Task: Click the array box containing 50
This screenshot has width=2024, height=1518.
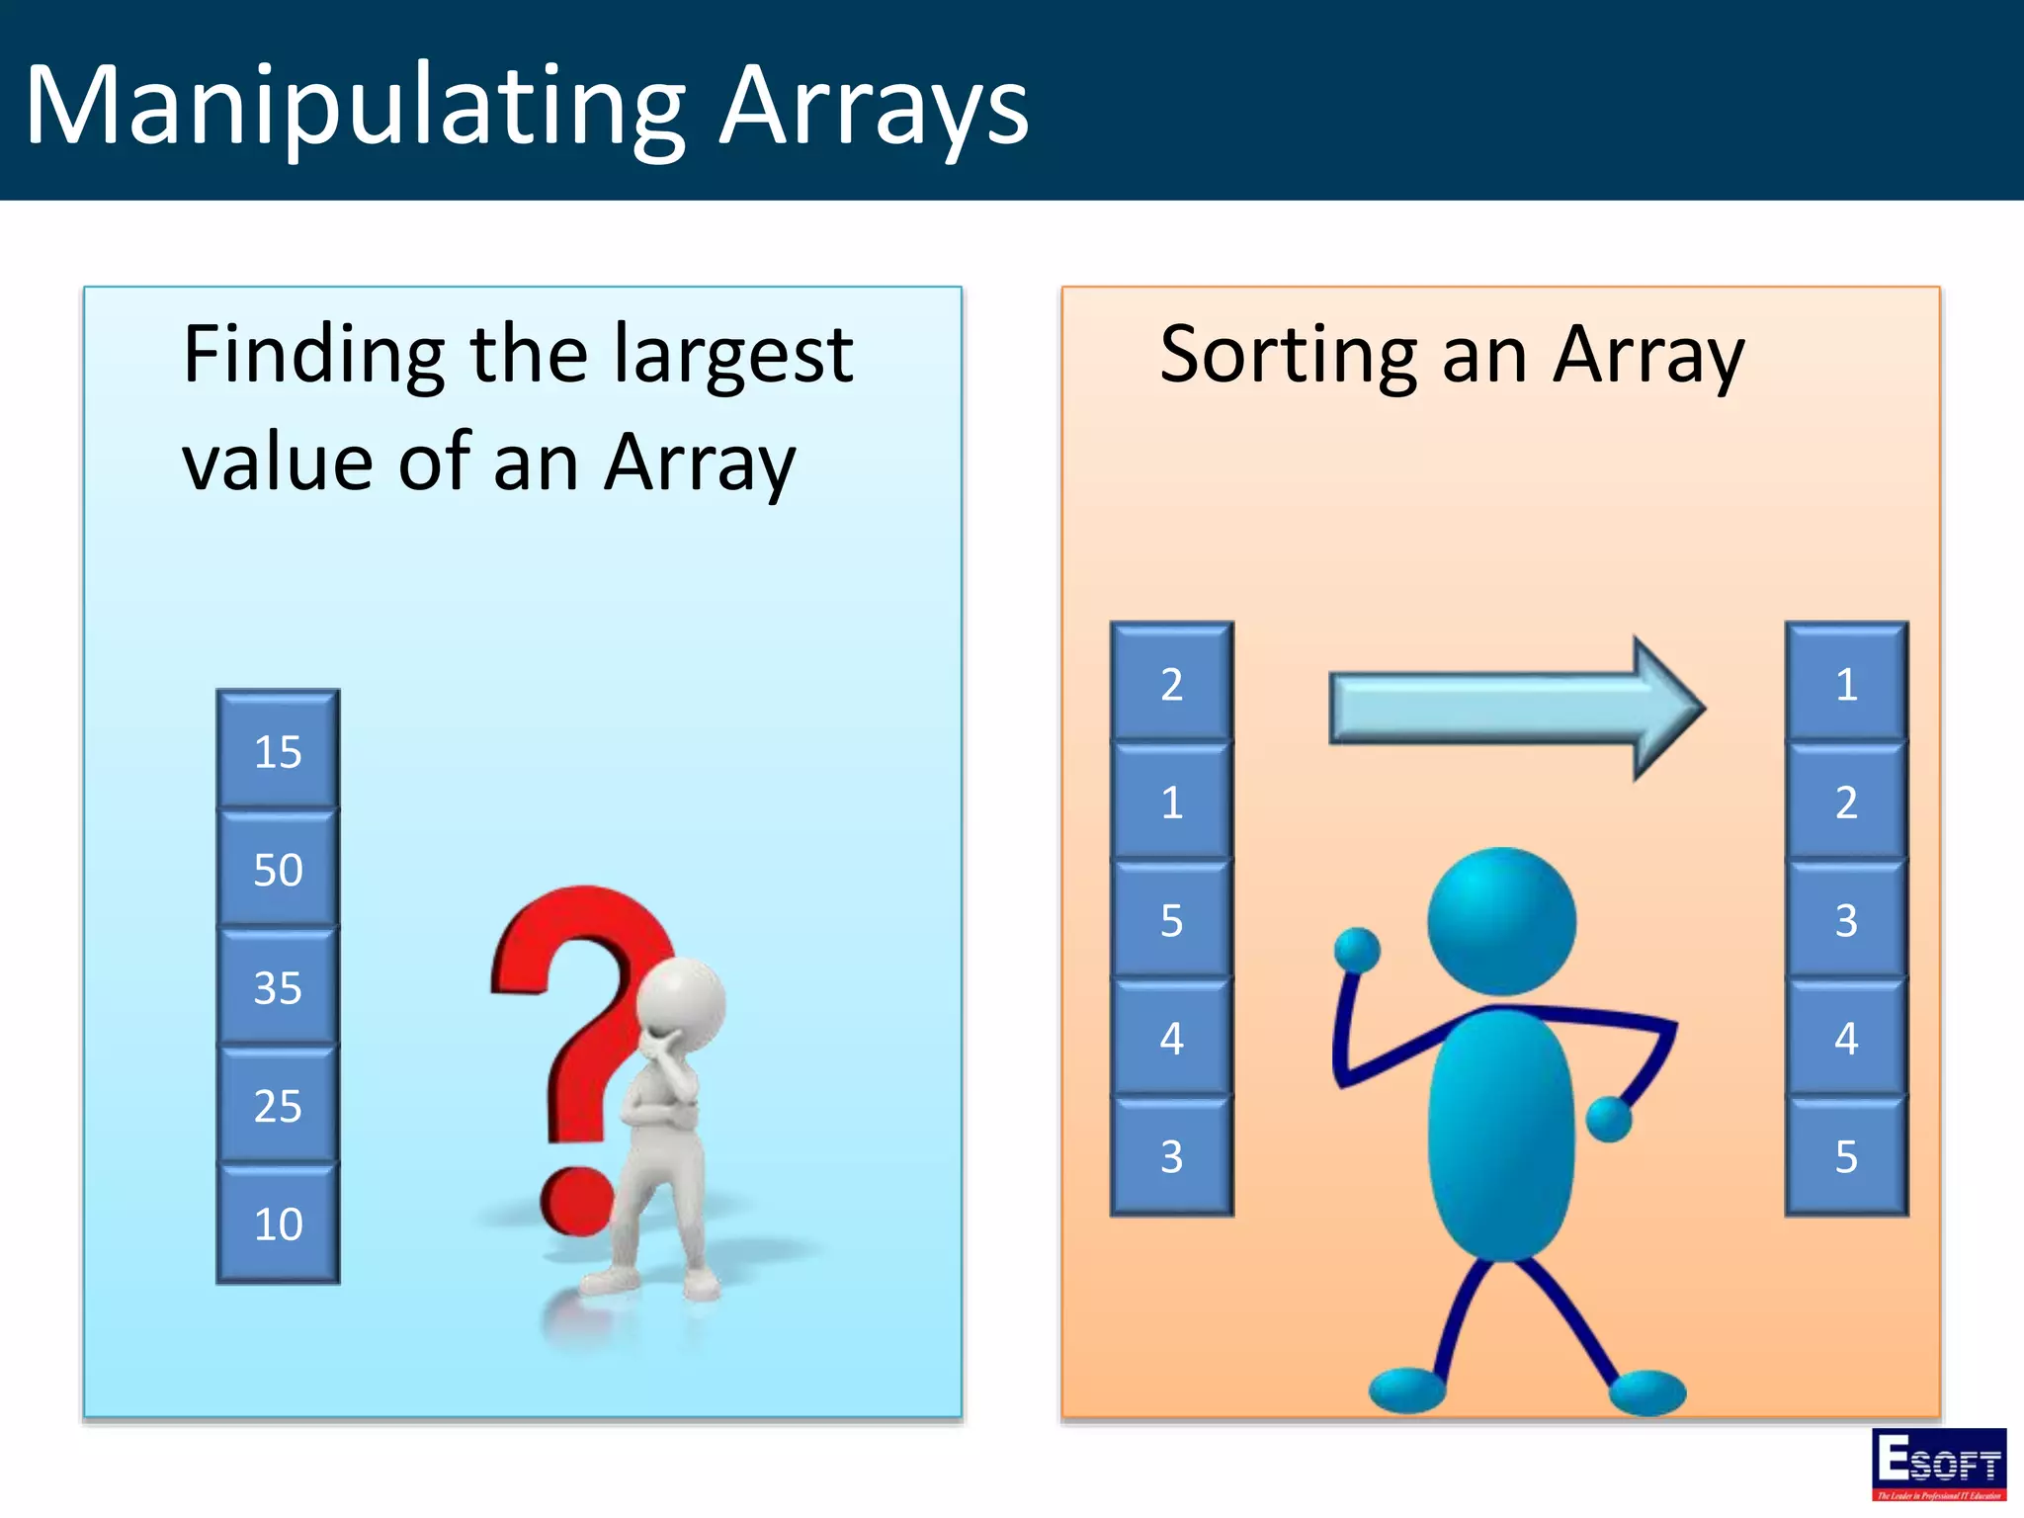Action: pos(278,870)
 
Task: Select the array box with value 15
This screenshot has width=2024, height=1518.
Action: pos(278,751)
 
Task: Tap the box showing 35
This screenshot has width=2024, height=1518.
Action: pos(278,987)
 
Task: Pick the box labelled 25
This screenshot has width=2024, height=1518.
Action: pos(278,1105)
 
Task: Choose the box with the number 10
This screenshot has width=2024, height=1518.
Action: pos(278,1223)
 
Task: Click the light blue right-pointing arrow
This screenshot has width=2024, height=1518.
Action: pos(1512,708)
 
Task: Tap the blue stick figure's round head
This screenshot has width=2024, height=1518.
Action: pos(1501,921)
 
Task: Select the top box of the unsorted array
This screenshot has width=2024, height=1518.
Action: pos(1171,683)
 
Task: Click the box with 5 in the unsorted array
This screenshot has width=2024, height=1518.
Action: pos(1171,920)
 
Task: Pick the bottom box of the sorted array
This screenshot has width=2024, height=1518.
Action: pos(1845,1156)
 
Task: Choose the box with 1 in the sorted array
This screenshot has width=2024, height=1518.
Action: pos(1845,683)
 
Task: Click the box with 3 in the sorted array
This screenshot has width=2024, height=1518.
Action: pos(1845,920)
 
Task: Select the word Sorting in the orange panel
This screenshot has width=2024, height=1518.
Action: pos(1290,356)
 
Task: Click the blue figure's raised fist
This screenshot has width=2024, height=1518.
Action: pos(1357,951)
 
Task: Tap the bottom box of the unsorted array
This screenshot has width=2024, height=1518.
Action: pos(1171,1156)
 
